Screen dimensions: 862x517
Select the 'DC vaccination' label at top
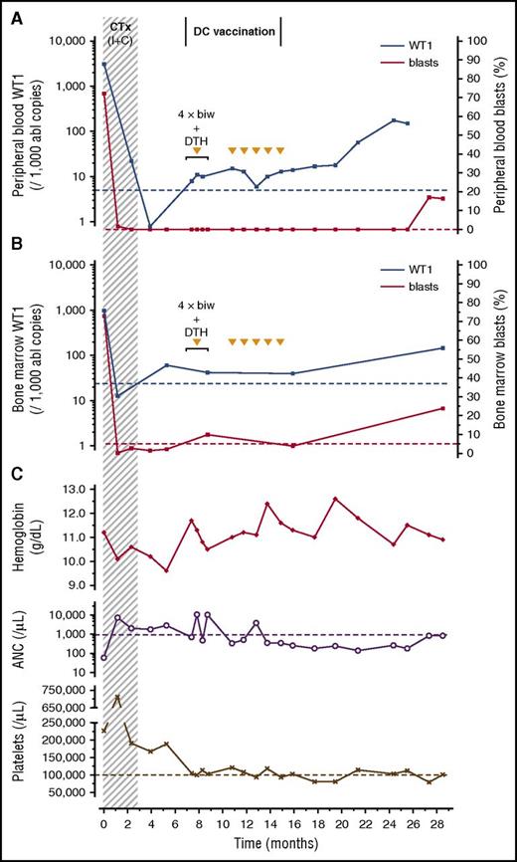coord(233,32)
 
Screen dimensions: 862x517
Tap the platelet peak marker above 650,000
coord(118,697)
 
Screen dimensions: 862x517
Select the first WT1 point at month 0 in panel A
coord(103,64)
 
